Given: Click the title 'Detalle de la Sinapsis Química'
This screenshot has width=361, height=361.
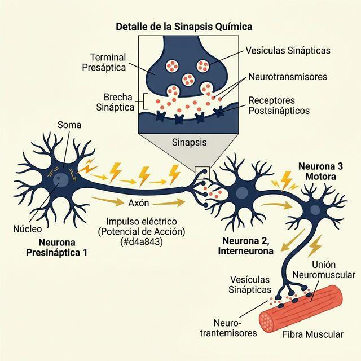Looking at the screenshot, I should pyautogui.click(x=184, y=27).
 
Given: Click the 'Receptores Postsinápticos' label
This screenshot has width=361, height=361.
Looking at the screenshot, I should pyautogui.click(x=279, y=105).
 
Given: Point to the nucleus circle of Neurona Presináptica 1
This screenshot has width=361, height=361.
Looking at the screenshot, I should pyautogui.click(x=60, y=180).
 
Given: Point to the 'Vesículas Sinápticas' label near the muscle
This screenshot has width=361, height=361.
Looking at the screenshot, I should pyautogui.click(x=249, y=284).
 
